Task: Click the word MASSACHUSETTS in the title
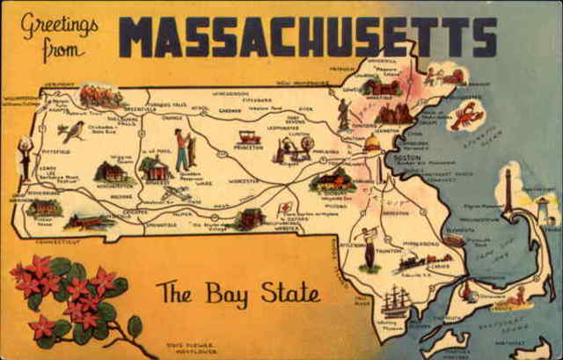(308, 37)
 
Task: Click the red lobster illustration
(466, 115)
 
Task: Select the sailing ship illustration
(395, 301)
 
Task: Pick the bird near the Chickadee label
(72, 131)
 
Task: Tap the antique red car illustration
(250, 136)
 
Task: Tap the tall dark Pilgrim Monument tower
(508, 191)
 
